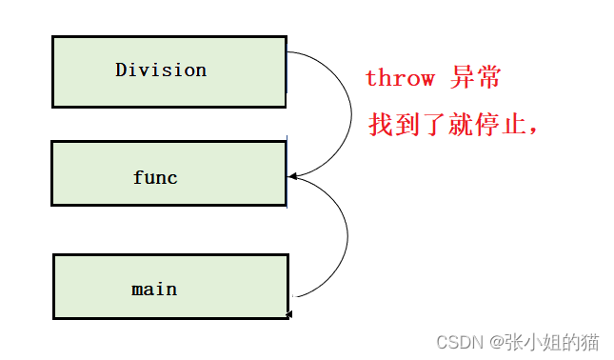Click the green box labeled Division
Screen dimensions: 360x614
(168, 71)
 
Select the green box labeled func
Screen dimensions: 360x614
(168, 173)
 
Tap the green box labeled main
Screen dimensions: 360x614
(170, 287)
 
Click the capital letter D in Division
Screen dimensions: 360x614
(121, 70)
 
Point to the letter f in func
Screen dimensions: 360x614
(138, 177)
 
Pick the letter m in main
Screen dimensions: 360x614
(137, 289)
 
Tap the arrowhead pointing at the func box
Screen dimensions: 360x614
(291, 176)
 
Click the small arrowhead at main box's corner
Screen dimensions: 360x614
(288, 313)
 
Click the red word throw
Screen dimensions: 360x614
(400, 78)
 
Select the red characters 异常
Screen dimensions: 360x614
(476, 78)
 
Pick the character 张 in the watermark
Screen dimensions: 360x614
(514, 340)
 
